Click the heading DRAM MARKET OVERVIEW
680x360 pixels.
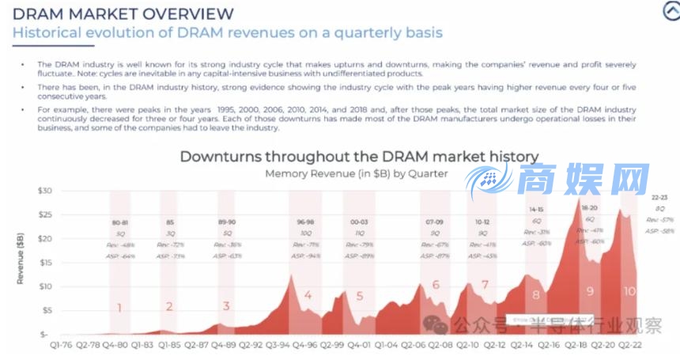(124, 13)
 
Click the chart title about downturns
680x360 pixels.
(359, 156)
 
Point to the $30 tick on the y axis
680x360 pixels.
(44, 191)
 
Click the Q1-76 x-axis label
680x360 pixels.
(62, 346)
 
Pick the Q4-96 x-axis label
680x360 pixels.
(304, 346)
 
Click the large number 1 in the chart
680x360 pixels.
(120, 308)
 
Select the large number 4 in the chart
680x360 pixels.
(308, 296)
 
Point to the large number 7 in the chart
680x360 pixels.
(485, 284)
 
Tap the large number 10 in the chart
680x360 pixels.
(629, 290)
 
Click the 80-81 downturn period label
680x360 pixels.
(120, 222)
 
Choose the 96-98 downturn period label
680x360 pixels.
(304, 222)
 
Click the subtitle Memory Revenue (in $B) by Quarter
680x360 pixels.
(357, 173)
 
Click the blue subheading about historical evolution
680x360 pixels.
(228, 33)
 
